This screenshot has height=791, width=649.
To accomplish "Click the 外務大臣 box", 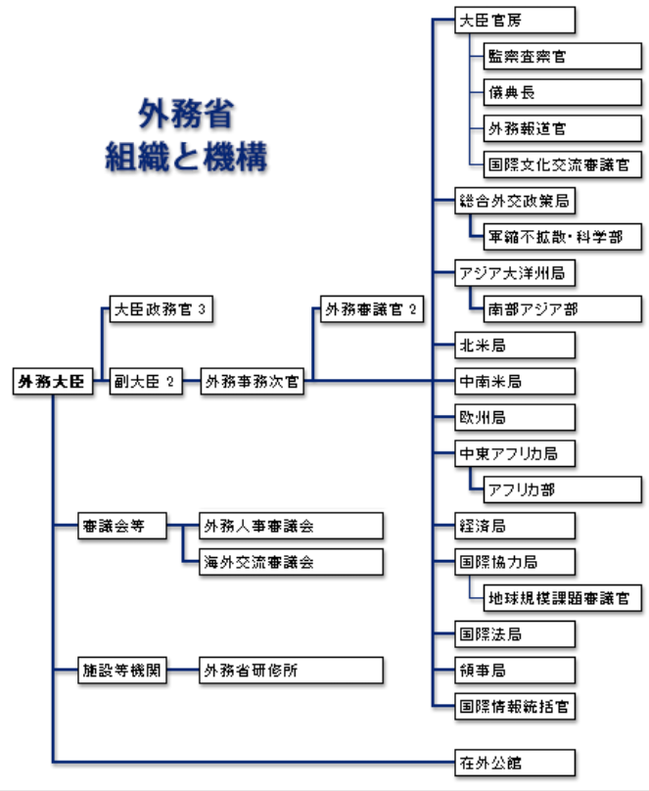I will pos(53,383).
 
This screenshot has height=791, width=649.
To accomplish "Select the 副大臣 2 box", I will pos(143,383).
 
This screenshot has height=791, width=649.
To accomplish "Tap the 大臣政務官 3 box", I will pos(159,310).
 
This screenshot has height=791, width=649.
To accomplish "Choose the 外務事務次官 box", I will pos(253,383).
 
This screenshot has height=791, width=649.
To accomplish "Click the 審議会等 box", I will pos(121,527).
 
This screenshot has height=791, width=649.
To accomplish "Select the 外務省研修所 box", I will pos(290,671).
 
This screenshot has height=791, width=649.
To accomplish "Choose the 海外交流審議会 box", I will pos(290,562).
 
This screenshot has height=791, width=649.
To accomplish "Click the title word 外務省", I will pos(186,115).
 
